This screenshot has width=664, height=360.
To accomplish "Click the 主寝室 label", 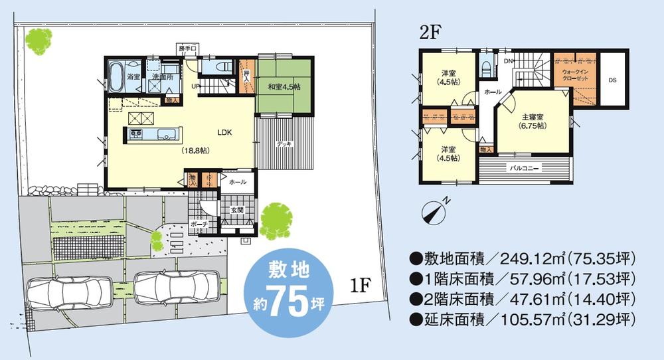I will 533,120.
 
